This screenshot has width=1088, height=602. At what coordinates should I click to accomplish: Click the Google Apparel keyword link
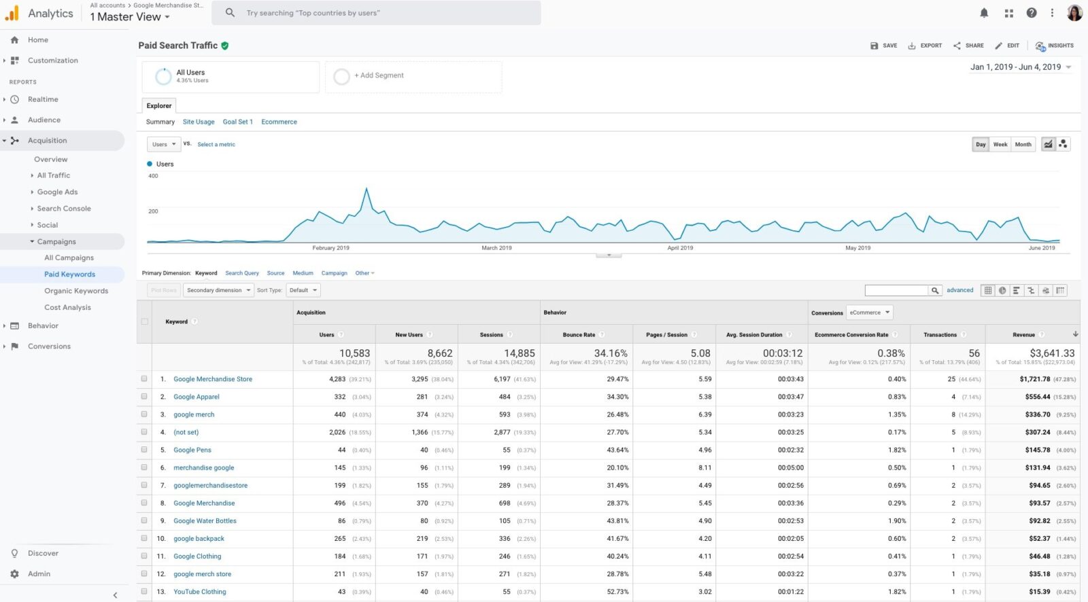click(196, 397)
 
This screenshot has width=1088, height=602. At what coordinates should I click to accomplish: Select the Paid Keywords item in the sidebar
click(69, 275)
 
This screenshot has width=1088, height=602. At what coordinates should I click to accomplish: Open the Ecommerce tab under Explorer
click(279, 122)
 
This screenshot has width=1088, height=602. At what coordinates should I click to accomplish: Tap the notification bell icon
click(984, 13)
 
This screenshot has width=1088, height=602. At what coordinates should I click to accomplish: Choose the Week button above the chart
click(1000, 144)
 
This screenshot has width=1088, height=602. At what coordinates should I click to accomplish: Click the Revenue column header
click(1023, 335)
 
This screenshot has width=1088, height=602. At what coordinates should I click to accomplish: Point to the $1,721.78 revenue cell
click(1034, 379)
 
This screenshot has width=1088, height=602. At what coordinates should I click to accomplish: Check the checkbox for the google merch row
click(144, 414)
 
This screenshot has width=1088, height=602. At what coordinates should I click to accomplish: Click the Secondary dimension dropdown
click(218, 290)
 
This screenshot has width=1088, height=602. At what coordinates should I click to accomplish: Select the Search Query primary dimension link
click(242, 273)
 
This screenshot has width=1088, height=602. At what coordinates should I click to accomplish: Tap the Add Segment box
click(413, 76)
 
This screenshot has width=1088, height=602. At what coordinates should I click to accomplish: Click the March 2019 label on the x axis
click(496, 248)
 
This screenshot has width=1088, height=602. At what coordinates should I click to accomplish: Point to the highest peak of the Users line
click(367, 189)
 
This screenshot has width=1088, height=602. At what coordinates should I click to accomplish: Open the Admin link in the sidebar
click(39, 574)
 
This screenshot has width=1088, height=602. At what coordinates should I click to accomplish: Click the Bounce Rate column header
click(579, 335)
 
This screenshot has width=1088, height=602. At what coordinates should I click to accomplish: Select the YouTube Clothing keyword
click(199, 592)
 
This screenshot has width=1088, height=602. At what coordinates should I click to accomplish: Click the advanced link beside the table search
click(959, 290)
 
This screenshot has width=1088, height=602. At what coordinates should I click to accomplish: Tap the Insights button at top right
click(1055, 46)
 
